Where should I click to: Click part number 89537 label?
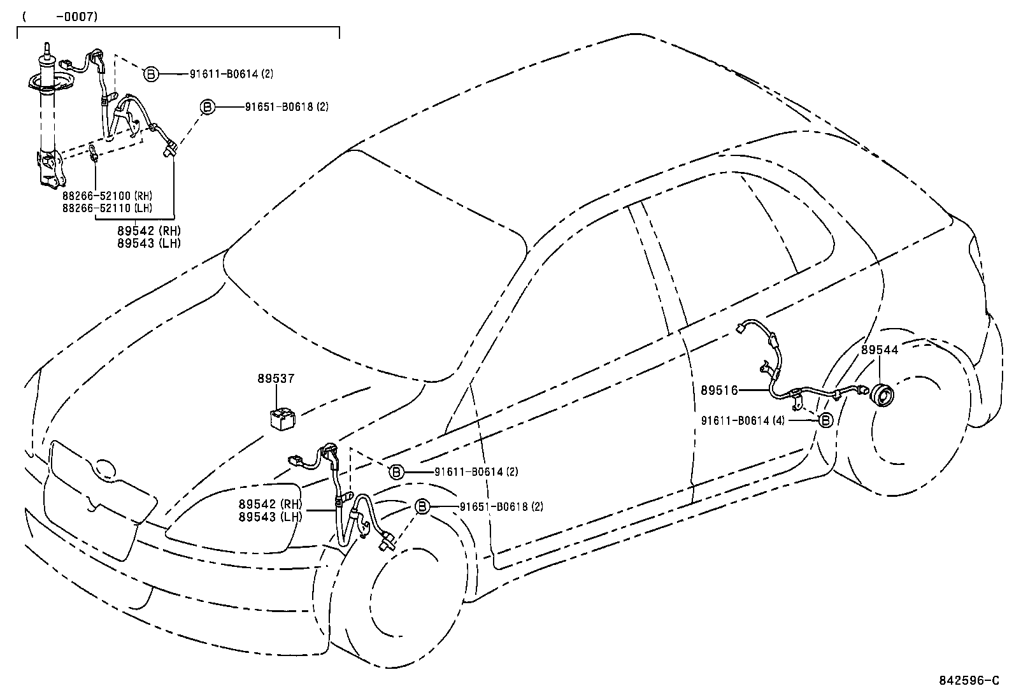(x=276, y=378)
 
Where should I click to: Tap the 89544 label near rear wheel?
(x=880, y=350)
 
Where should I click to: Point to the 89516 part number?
(x=719, y=390)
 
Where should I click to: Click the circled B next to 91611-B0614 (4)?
(x=825, y=420)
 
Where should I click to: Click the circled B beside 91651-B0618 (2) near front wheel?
(x=422, y=507)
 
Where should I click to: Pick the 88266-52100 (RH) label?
(x=108, y=196)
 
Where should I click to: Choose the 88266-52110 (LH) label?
(x=108, y=208)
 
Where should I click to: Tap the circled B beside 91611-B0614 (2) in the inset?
(x=151, y=74)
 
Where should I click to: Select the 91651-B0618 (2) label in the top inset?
(x=287, y=107)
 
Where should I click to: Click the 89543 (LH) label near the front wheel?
(x=270, y=517)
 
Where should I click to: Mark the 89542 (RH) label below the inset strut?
(x=148, y=231)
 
